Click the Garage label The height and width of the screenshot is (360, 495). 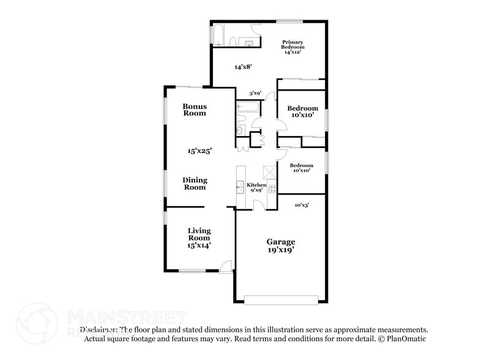point(280,241)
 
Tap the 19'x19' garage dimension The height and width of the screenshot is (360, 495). point(280,250)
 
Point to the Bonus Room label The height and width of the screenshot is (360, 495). point(195,110)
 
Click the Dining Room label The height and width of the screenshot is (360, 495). point(195,184)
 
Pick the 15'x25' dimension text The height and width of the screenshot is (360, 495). point(199,151)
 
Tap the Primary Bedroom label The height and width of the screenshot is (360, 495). point(292,45)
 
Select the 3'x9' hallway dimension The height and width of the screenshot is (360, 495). point(255,93)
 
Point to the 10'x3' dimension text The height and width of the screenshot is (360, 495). point(302,205)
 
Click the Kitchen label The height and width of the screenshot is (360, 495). point(256,185)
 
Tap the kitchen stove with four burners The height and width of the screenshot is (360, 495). point(272,188)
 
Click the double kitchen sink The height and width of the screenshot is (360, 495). point(240,187)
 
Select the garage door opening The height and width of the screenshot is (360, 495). point(280,299)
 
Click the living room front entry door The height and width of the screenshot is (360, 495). point(226,266)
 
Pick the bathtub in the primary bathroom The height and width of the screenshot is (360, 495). point(218,34)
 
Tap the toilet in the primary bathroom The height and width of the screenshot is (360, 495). point(234,41)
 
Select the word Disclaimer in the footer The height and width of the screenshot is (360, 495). point(97,329)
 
